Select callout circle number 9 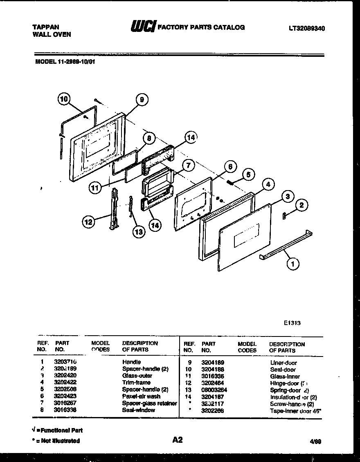141,99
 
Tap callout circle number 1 292,264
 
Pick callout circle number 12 88,222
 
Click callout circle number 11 95,188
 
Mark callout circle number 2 301,205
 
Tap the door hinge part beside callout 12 114,209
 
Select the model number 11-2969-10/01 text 65,63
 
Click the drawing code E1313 292,323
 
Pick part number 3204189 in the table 212,362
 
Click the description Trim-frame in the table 136,383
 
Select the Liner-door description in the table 283,363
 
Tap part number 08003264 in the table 214,390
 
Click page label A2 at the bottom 177,440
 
